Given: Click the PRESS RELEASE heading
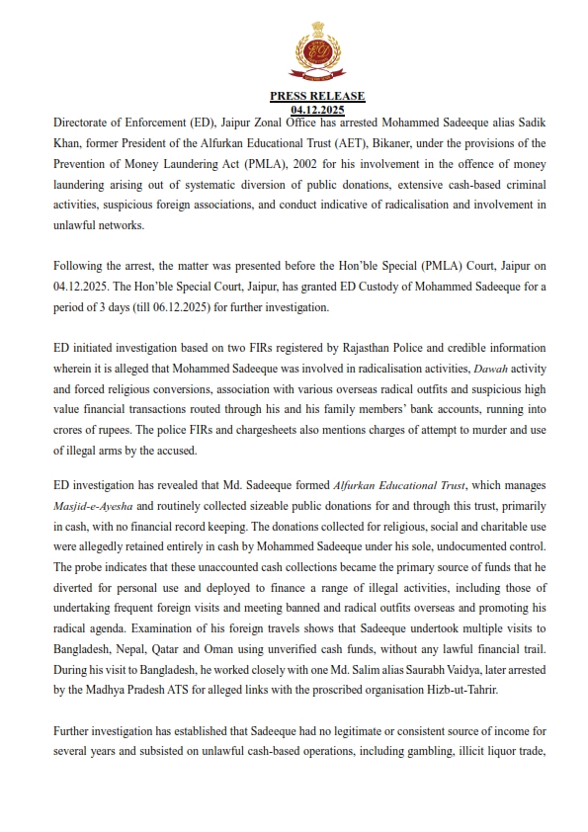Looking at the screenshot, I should click(317, 96).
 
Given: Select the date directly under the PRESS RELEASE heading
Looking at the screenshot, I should click(317, 109).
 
